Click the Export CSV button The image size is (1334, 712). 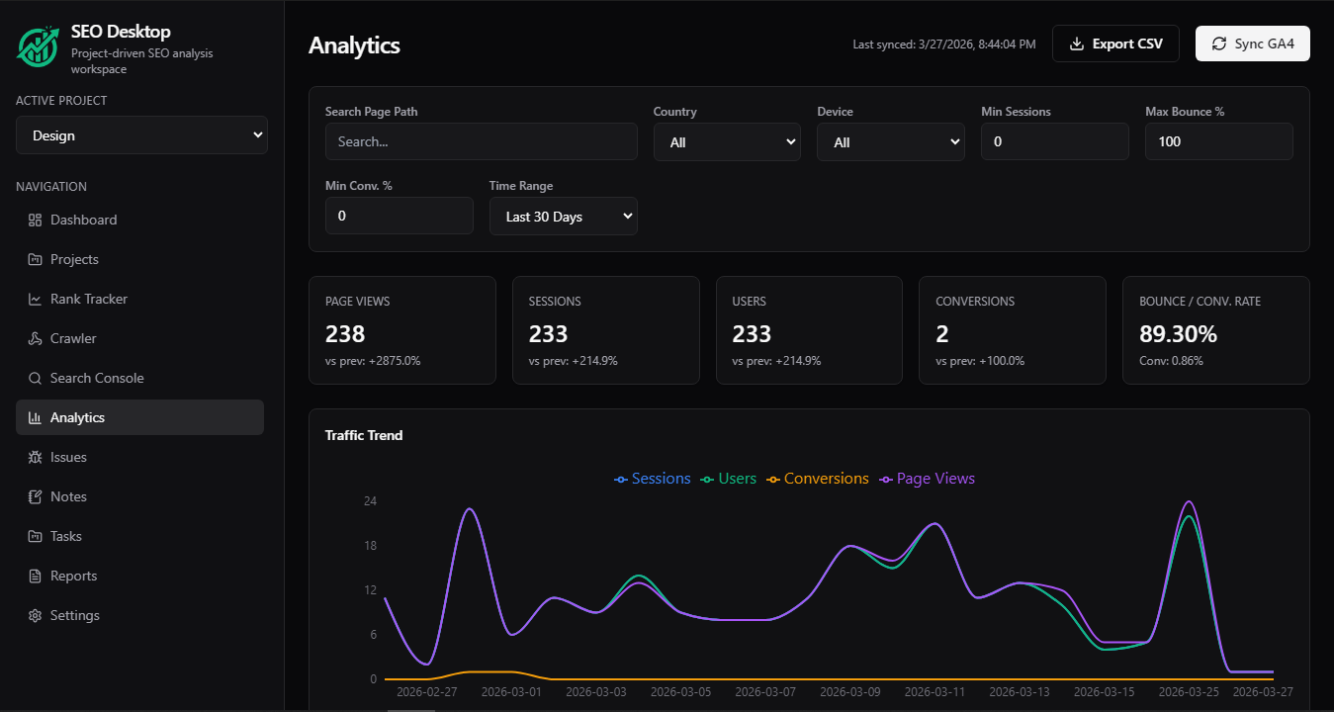(x=1115, y=44)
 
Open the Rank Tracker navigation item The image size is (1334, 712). (x=89, y=299)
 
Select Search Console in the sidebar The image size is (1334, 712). (x=97, y=378)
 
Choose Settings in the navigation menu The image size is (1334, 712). (x=75, y=615)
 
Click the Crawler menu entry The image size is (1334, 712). (x=73, y=338)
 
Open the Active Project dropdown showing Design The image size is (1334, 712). (x=141, y=135)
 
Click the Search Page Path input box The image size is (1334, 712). (x=481, y=141)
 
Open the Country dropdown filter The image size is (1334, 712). (x=726, y=142)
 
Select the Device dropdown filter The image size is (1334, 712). (x=890, y=142)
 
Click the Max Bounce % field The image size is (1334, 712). (x=1218, y=141)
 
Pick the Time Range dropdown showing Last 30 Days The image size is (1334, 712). (x=563, y=217)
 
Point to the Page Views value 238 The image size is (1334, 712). (x=345, y=334)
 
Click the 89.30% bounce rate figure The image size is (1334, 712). (x=1178, y=334)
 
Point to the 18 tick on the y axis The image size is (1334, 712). (x=370, y=546)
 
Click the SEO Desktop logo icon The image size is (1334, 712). (x=38, y=45)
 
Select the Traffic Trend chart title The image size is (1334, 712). (x=364, y=435)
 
